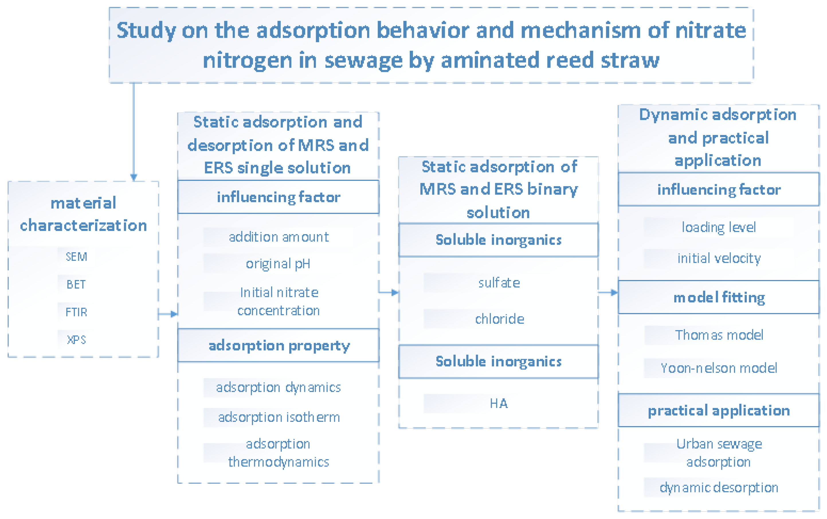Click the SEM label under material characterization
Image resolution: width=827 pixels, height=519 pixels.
[x=76, y=256]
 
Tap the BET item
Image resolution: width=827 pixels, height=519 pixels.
[x=76, y=284]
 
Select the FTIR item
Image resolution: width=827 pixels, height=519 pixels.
[x=76, y=312]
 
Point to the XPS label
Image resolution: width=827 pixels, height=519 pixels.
[x=76, y=340]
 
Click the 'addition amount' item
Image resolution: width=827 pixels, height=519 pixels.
[x=279, y=237]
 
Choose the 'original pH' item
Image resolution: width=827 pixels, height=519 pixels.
[x=278, y=264]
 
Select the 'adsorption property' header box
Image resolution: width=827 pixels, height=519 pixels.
[x=278, y=345]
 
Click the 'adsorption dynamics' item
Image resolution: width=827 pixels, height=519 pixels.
[x=278, y=387]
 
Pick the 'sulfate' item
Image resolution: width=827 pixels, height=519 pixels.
[x=499, y=283]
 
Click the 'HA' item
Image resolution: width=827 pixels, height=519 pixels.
[x=499, y=403]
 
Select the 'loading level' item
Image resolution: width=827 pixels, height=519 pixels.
[x=719, y=227]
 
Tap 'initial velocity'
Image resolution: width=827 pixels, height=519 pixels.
[x=719, y=258]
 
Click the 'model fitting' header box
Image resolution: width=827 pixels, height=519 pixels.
[x=719, y=297]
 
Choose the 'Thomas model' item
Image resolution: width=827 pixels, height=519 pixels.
[x=719, y=335]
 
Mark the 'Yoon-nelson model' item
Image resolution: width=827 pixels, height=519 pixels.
[x=719, y=368]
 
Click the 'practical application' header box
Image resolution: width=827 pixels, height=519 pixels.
[x=719, y=411]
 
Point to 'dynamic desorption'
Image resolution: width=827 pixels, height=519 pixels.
[x=719, y=488]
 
